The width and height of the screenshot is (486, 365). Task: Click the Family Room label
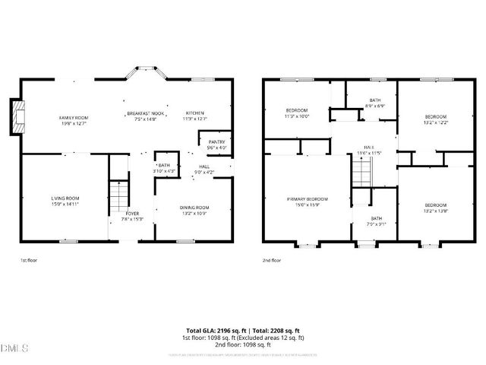pos(74,119)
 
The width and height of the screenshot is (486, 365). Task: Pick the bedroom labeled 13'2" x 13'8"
pos(436,208)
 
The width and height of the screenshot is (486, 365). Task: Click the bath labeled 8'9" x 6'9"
pos(375,103)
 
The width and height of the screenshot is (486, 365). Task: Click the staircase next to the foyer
pos(117,195)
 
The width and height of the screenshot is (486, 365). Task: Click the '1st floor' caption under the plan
pos(27,260)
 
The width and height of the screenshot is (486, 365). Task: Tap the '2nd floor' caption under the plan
pos(271,260)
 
